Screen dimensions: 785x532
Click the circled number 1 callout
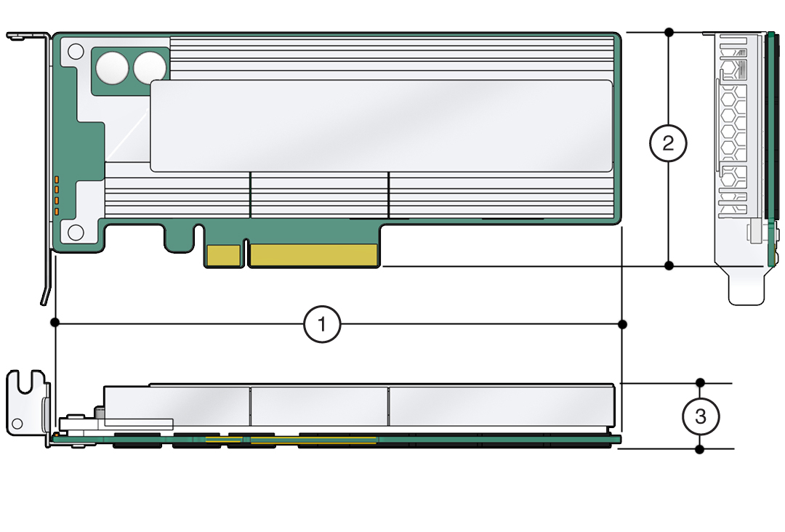click(x=322, y=324)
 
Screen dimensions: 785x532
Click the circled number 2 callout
click(x=669, y=144)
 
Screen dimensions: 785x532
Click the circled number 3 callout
click(x=701, y=416)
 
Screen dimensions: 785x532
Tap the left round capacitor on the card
click(x=113, y=68)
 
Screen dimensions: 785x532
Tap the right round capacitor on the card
click(x=150, y=68)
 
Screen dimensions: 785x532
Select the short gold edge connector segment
click(x=224, y=255)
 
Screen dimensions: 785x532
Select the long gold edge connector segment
click(x=314, y=255)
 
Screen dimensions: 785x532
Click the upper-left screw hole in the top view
click(x=76, y=51)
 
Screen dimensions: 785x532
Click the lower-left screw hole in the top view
click(x=76, y=232)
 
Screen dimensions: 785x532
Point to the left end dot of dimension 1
click(x=55, y=322)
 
